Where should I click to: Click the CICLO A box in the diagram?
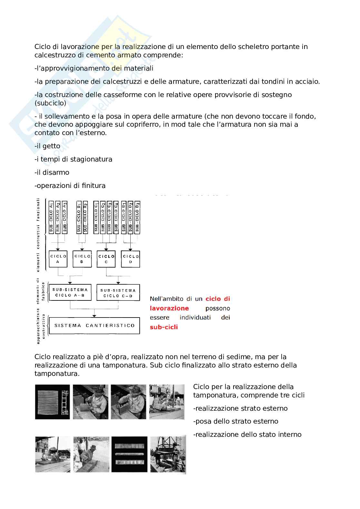point(58,259)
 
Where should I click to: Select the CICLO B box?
point(82,259)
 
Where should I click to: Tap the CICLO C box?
point(106,259)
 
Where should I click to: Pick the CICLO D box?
point(131,259)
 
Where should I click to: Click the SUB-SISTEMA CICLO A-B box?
point(70,292)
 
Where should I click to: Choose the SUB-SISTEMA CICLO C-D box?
point(118,292)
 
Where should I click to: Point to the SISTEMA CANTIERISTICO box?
point(94,325)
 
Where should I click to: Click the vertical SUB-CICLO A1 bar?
point(51,216)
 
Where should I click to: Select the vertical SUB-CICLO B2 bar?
point(85,216)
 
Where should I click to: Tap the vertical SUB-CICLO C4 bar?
point(116,216)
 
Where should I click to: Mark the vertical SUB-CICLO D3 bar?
point(137,216)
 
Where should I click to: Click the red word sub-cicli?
point(164,327)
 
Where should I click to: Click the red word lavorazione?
point(169,308)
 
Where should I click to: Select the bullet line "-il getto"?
point(47,146)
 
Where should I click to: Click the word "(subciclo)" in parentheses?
point(50,103)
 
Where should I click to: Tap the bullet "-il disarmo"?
point(52,172)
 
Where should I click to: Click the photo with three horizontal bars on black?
point(129,454)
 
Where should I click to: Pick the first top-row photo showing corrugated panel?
point(52,402)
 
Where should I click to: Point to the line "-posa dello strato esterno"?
point(235,421)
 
